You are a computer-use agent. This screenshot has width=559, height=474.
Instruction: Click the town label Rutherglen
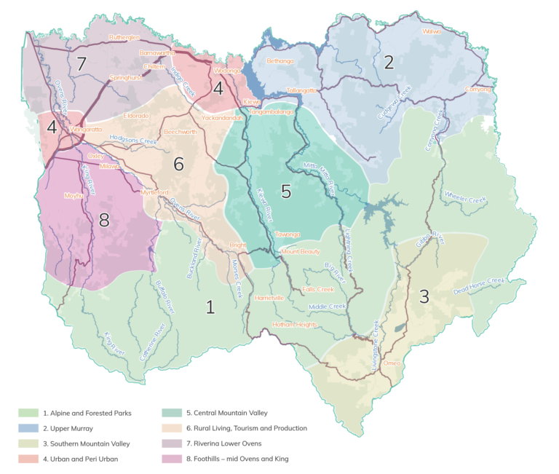pyautogui.click(x=123, y=36)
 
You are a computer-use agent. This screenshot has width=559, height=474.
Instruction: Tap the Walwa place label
pyautogui.click(x=432, y=31)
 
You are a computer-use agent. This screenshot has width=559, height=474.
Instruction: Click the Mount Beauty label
pyautogui.click(x=301, y=251)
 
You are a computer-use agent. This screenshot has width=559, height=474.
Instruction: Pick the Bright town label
pyautogui.click(x=238, y=245)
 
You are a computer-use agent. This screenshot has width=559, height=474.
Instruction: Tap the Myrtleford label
pyautogui.click(x=154, y=191)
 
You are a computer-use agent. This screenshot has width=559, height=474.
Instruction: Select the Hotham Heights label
pyautogui.click(x=295, y=324)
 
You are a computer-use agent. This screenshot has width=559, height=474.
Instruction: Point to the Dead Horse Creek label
pyautogui.click(x=479, y=285)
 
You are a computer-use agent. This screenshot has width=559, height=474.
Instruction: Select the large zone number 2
pyautogui.click(x=389, y=63)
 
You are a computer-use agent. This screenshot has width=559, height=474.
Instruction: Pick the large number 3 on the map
pyautogui.click(x=424, y=296)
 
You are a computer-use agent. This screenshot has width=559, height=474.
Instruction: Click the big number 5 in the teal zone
pyautogui.click(x=286, y=191)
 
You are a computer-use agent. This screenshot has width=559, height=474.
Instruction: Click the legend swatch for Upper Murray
pyautogui.click(x=28, y=428)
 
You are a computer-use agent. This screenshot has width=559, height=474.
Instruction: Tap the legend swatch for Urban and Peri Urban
pyautogui.click(x=28, y=458)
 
